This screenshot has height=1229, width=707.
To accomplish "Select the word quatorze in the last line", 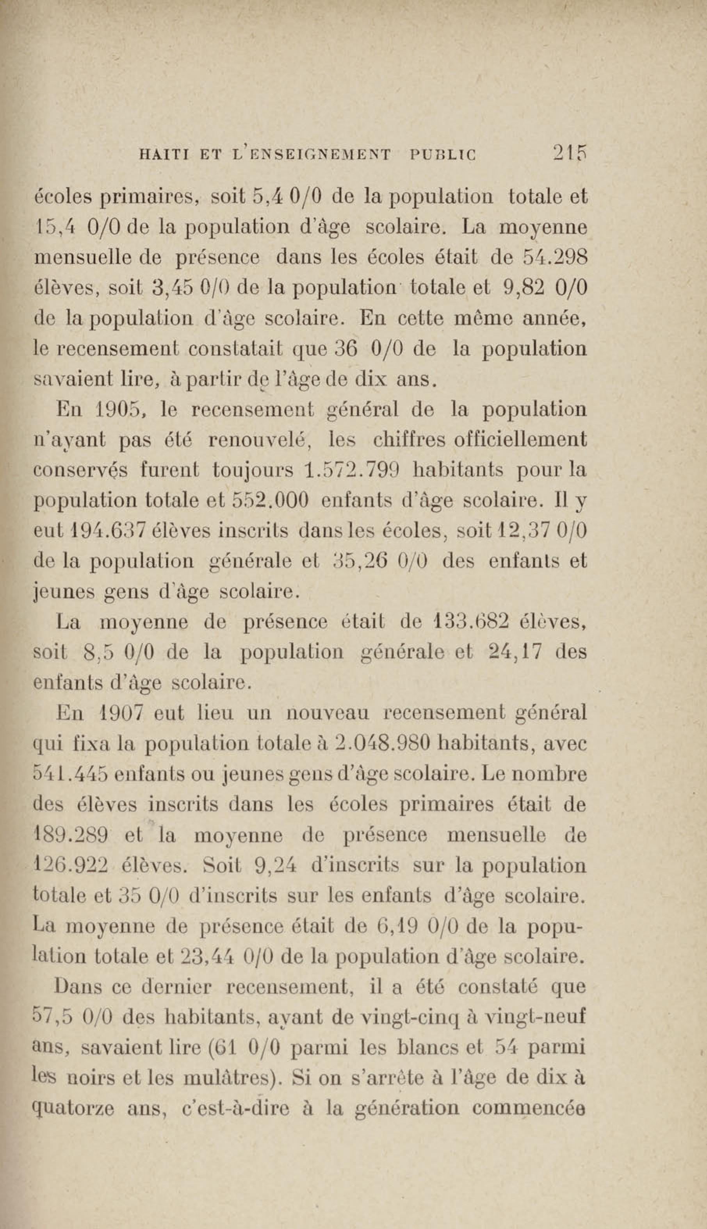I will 73,1109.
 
